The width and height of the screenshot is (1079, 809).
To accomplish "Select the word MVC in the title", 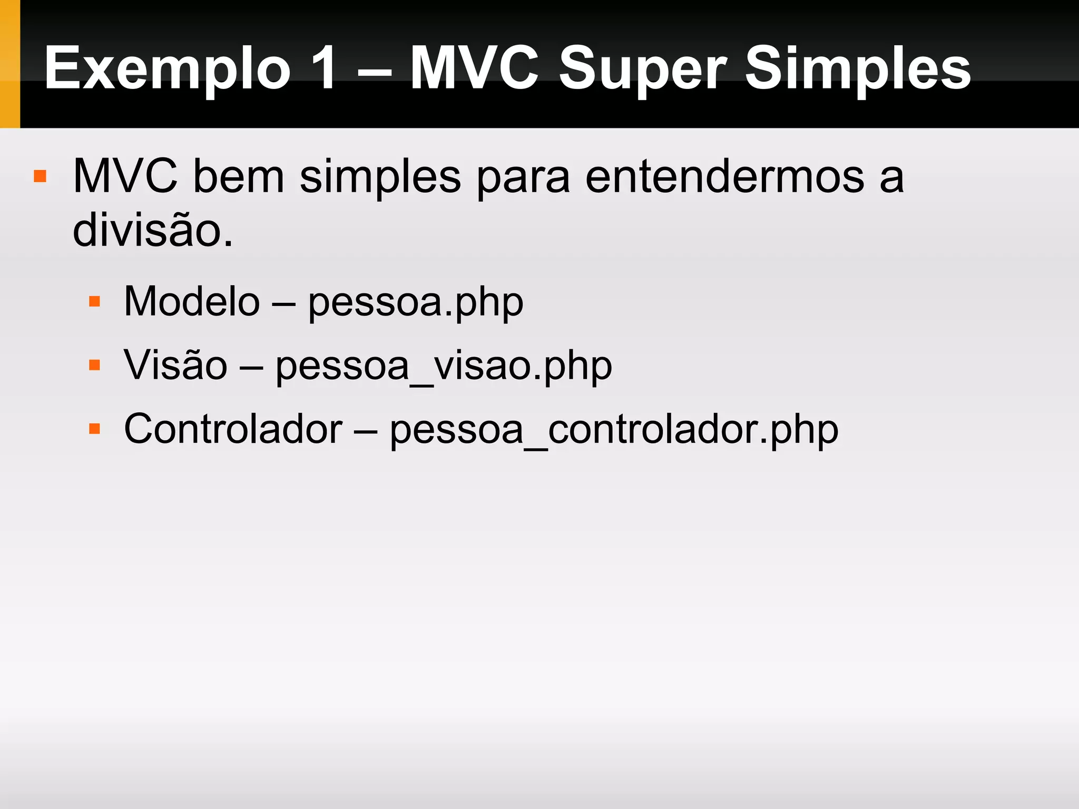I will click(x=474, y=68).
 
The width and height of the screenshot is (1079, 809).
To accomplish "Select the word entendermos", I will click(x=724, y=176).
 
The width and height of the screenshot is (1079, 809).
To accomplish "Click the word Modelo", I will click(x=192, y=302).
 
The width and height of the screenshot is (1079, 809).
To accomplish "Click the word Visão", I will click(x=175, y=366).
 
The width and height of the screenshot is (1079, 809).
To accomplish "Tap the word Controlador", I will click(x=233, y=429).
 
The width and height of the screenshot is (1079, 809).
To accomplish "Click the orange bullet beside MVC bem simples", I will click(x=40, y=175).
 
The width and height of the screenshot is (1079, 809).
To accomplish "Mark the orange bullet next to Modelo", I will click(x=95, y=301).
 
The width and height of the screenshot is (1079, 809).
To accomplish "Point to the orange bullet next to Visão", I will click(x=95, y=365).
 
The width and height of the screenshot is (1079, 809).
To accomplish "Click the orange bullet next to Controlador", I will click(x=95, y=428).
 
